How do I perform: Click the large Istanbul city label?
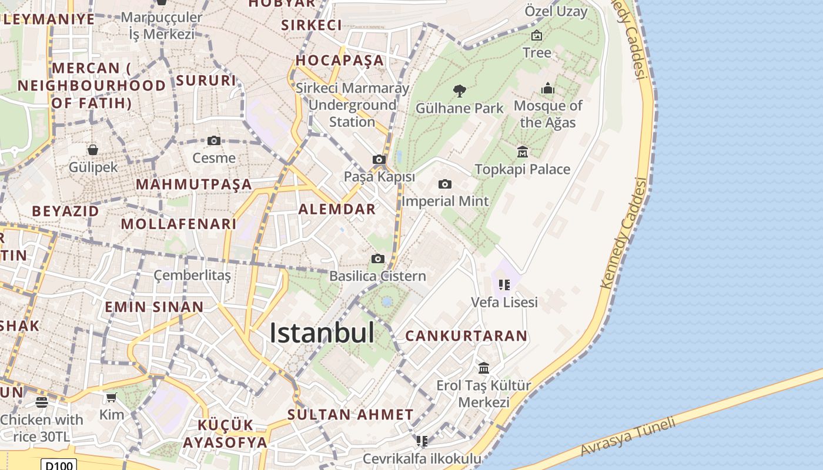point(322,333)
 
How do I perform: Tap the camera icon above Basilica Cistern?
point(378,258)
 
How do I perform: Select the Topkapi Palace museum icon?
point(523,152)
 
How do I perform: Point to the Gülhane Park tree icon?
point(460,90)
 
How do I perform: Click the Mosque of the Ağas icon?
point(548,89)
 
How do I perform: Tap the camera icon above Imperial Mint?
point(445,184)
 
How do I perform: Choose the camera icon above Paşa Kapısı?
point(379,159)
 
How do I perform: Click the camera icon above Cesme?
point(214,140)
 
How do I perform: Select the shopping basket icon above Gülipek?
point(93,149)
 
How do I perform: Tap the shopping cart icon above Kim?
point(111,397)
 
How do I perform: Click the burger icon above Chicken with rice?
point(41,402)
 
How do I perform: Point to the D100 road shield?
point(59,465)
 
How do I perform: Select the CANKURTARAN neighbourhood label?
point(467,336)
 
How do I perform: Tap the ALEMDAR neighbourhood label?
point(337,209)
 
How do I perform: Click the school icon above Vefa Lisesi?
point(504,285)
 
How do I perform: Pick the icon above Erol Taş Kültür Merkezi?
point(484,368)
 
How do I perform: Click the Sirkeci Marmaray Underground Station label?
point(352,105)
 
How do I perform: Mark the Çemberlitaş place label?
point(192,275)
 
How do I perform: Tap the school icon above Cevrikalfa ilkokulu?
point(421,441)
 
